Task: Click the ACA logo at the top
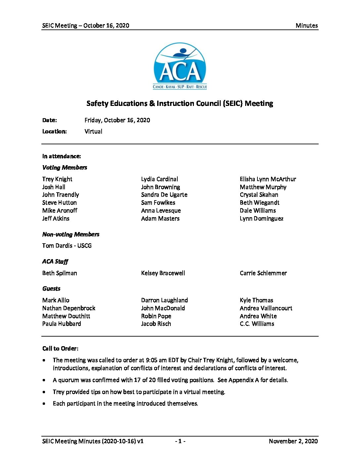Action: click(x=180, y=66)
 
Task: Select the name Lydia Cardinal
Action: click(x=159, y=179)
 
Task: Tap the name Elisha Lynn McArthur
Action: click(x=268, y=179)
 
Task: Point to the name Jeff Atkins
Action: click(x=56, y=218)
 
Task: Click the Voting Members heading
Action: click(x=65, y=167)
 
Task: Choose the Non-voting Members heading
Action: click(x=70, y=234)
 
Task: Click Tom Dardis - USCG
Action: click(x=67, y=246)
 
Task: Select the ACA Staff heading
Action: click(x=55, y=261)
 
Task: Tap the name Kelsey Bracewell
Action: click(x=163, y=273)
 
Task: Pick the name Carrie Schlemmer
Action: click(x=263, y=273)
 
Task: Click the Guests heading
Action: click(x=51, y=289)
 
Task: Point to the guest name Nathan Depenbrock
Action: click(x=68, y=308)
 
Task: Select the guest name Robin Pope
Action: click(x=156, y=316)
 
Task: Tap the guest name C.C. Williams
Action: click(x=257, y=324)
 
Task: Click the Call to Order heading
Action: click(x=60, y=349)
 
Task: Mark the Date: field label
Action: click(x=49, y=120)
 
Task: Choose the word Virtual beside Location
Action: click(x=93, y=131)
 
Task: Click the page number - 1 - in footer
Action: click(x=180, y=441)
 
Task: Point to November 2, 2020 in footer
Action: click(x=293, y=441)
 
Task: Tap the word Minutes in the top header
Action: click(x=306, y=25)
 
